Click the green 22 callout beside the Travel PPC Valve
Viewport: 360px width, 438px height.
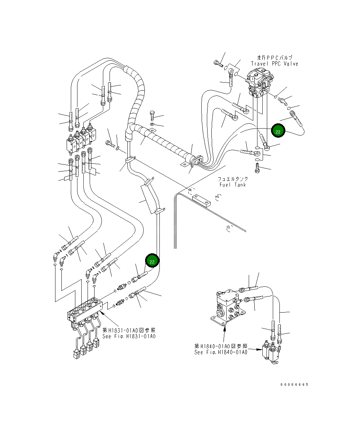point(278,131)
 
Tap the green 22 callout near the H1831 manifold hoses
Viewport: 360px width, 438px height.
point(152,261)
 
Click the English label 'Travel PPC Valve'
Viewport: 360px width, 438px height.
point(275,64)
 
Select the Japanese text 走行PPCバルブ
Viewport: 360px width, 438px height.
point(275,57)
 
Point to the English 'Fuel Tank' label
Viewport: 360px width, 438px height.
point(233,185)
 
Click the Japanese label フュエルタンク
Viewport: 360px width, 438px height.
point(233,179)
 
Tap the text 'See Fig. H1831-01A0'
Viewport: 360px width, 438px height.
point(129,336)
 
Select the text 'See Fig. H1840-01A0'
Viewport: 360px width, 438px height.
point(221,352)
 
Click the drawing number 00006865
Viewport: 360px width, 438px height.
point(294,385)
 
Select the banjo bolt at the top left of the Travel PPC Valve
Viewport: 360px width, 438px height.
point(218,63)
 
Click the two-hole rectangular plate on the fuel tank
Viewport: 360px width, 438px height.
point(202,201)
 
